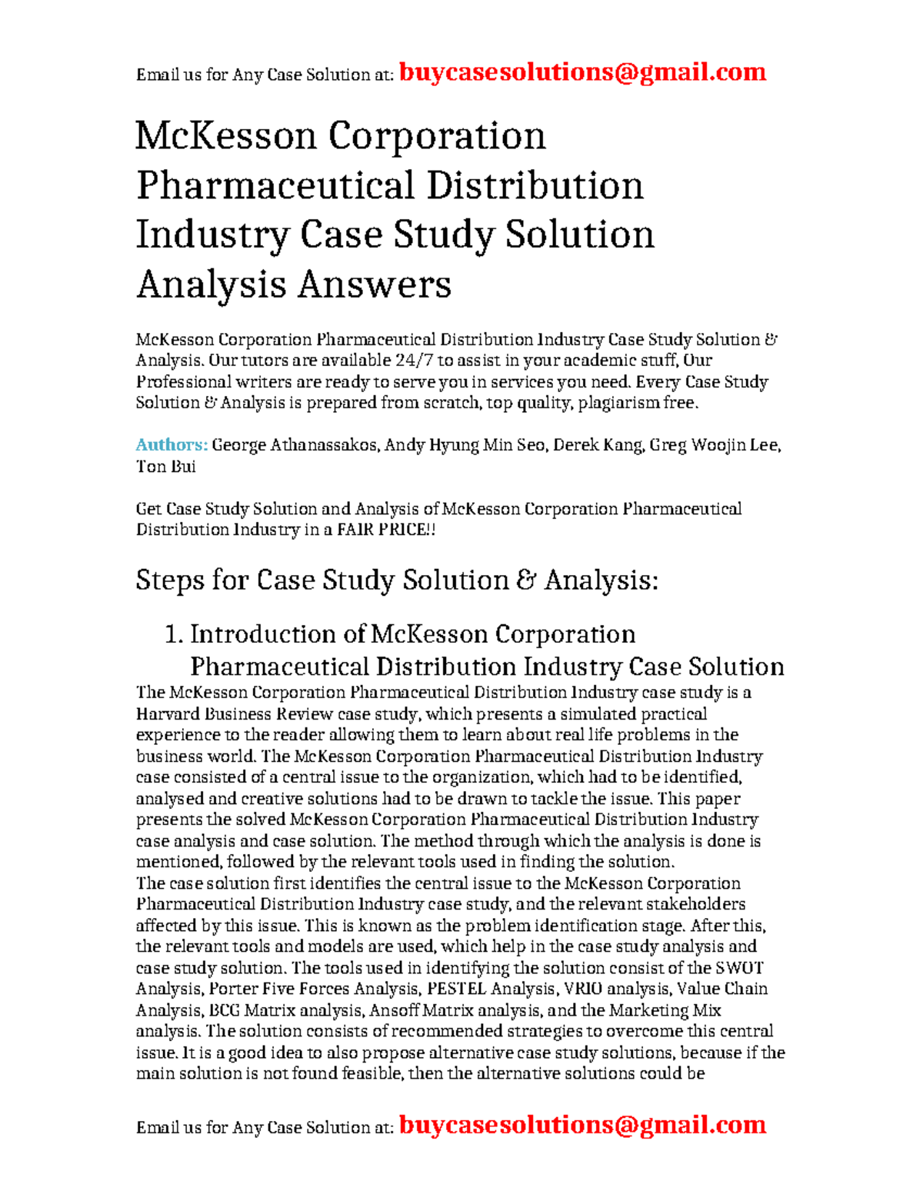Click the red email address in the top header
(582, 72)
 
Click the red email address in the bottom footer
(582, 1125)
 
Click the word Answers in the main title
(374, 284)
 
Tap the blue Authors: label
(172, 445)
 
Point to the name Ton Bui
(165, 466)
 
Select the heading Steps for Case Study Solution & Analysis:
(397, 580)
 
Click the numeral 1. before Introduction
(174, 634)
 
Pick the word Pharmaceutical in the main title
(275, 186)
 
